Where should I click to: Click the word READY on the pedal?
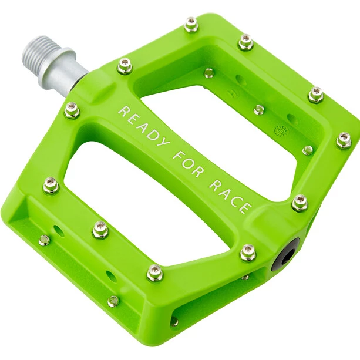coord(144,127)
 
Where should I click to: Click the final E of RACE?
coord(245,208)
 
